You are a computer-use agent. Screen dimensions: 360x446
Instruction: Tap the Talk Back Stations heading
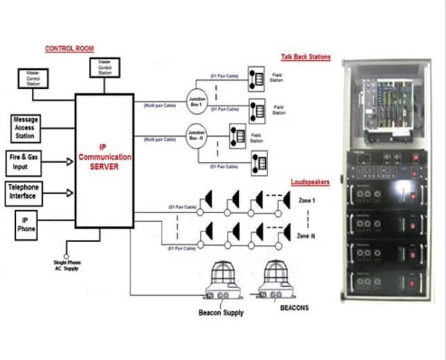pyautogui.click(x=305, y=57)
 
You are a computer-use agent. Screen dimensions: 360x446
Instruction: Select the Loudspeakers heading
pyautogui.click(x=310, y=182)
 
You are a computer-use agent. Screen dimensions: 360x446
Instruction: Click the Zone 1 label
pyautogui.click(x=309, y=200)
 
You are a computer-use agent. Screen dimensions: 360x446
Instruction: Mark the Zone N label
pyautogui.click(x=309, y=236)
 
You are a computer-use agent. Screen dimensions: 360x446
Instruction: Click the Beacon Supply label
pyautogui.click(x=220, y=312)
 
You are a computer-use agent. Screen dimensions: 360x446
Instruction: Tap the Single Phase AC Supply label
pyautogui.click(x=67, y=266)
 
